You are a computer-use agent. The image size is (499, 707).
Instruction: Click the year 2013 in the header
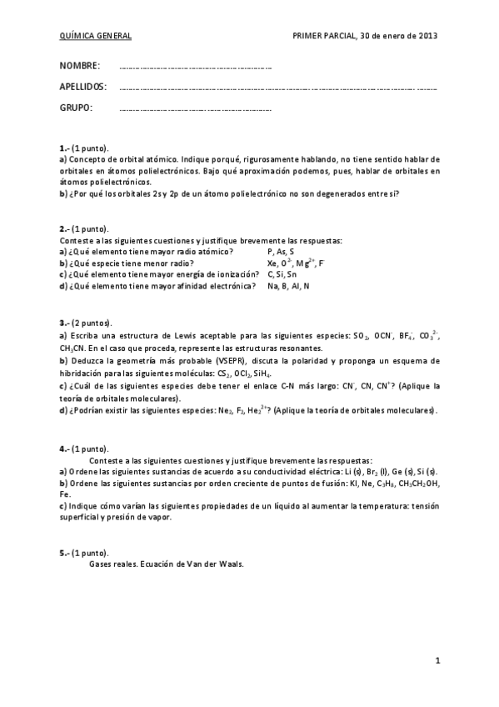coord(428,37)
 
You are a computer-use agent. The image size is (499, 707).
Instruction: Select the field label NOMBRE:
coord(80,66)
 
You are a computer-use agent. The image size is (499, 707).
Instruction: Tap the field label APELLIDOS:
coord(83,87)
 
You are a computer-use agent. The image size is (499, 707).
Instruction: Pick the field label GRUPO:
coord(76,108)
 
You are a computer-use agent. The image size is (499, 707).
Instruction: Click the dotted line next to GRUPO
coord(196,109)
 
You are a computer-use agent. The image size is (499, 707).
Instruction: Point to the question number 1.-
coord(64,147)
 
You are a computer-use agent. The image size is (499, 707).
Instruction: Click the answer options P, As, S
coord(282,251)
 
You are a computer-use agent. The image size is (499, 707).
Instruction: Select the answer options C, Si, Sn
coord(282,274)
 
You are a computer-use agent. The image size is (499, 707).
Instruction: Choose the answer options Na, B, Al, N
coord(288,286)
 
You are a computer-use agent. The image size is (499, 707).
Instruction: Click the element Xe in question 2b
coord(272,263)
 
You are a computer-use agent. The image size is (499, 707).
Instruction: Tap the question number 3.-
coord(64,323)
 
